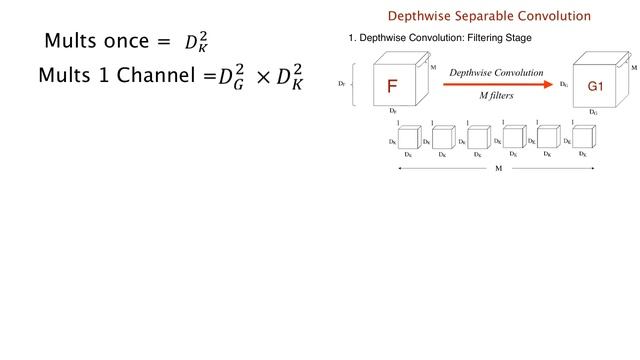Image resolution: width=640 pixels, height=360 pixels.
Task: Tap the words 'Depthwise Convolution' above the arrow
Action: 496,73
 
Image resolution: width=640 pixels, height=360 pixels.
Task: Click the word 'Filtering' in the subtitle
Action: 461,38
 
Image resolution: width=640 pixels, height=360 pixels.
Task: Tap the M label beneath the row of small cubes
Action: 499,170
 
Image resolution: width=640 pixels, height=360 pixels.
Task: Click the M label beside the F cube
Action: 432,66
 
